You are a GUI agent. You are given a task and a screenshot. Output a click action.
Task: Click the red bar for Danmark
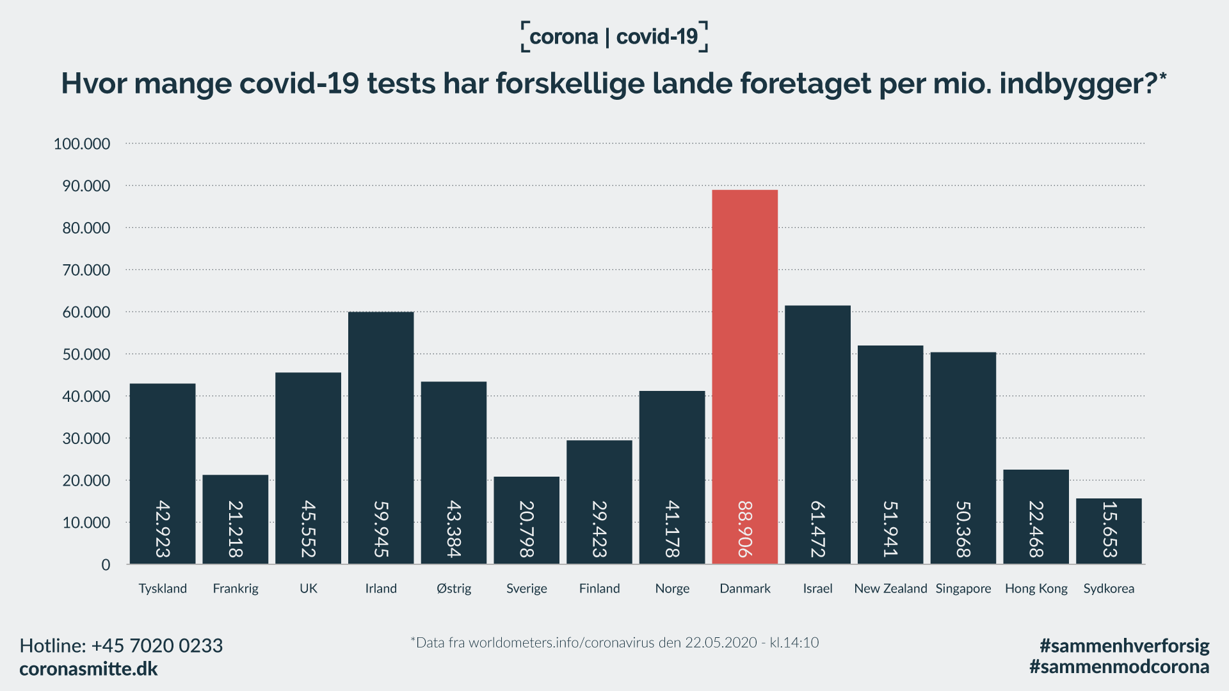click(x=744, y=358)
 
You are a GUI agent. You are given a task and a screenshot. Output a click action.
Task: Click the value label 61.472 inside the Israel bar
click(x=818, y=529)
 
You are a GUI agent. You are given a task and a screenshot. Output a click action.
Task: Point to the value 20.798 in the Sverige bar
click(x=527, y=529)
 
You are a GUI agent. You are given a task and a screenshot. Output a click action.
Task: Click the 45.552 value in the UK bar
click(x=309, y=529)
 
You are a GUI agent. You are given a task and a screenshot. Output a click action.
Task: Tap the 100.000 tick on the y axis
click(x=82, y=144)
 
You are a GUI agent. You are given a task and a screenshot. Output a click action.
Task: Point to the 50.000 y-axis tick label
click(x=86, y=354)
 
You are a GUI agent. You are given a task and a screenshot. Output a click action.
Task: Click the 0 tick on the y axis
click(x=106, y=565)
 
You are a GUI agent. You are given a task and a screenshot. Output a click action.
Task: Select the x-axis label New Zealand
click(x=890, y=589)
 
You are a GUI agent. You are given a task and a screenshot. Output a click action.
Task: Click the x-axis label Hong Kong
click(x=1036, y=589)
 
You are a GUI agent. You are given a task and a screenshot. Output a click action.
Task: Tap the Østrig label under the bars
click(x=454, y=589)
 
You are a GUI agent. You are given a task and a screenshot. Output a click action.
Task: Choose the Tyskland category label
click(x=163, y=589)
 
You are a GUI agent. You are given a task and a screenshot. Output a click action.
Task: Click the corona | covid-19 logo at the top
click(x=614, y=36)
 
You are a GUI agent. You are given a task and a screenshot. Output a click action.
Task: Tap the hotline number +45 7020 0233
click(x=157, y=646)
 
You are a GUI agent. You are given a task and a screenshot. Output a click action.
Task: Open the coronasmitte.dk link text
click(x=88, y=669)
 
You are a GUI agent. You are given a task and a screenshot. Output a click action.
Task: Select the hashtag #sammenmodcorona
click(x=1119, y=667)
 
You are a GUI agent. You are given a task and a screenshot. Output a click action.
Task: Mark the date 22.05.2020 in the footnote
click(x=721, y=642)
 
